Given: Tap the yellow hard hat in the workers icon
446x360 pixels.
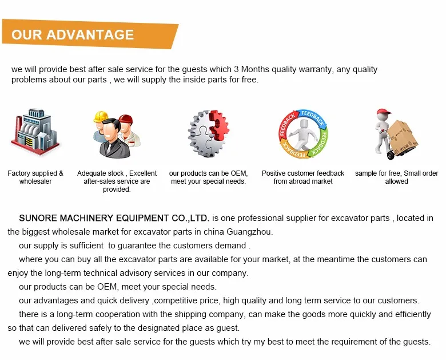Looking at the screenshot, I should click(101, 116).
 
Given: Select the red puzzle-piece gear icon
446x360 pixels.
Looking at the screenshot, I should click(220, 123).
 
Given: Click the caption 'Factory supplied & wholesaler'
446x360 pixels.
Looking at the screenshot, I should click(35, 177).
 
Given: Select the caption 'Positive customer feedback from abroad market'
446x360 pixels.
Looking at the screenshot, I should click(303, 177).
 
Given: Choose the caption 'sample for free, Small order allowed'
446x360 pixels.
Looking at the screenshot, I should click(396, 177).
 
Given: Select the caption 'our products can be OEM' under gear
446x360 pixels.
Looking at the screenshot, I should click(208, 177).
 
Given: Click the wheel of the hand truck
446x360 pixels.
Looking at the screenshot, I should click(391, 156).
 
